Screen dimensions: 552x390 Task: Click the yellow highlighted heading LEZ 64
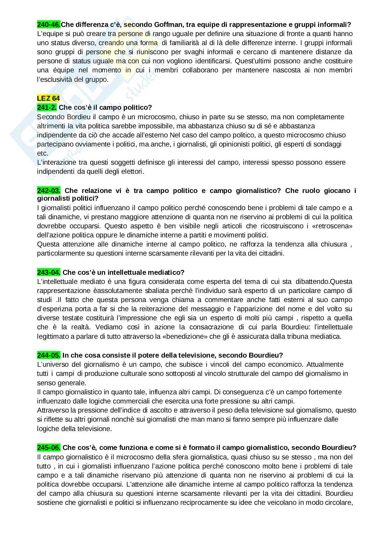point(48,99)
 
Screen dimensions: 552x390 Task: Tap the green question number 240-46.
point(49,24)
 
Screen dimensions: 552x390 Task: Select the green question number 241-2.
point(47,107)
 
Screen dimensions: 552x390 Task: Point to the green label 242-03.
point(49,191)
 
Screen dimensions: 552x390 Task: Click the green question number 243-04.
point(49,272)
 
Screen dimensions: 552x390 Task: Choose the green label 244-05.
point(49,355)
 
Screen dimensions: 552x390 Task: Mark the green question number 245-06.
point(49,447)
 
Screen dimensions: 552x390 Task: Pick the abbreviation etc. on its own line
point(43,153)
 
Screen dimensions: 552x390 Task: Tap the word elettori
point(132,171)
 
